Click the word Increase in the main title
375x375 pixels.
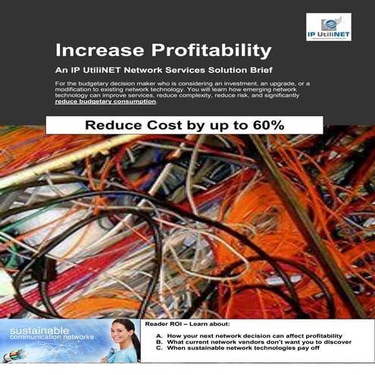98,52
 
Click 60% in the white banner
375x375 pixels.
266,125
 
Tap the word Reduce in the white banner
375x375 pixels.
111,125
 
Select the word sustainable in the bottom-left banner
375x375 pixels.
38,330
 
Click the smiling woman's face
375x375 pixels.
123,330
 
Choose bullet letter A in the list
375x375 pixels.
158,336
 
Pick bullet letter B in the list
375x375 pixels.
158,342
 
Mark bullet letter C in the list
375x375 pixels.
158,349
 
